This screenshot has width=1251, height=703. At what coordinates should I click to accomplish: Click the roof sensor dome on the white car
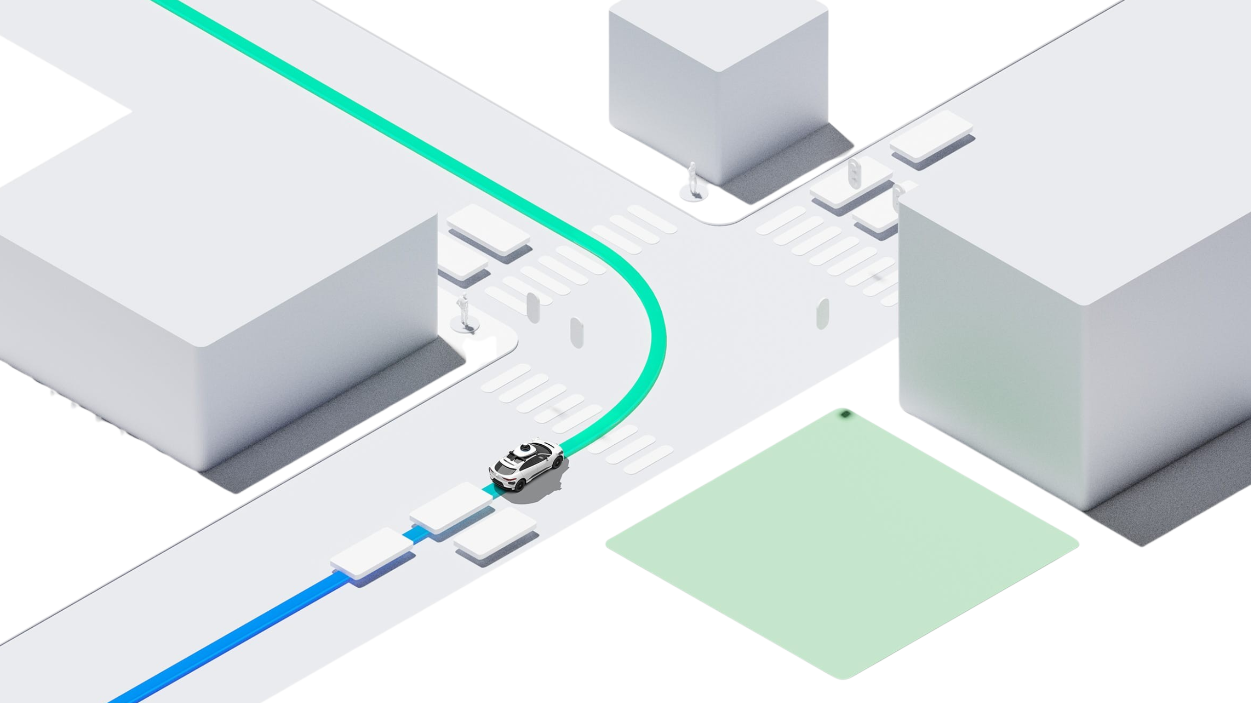tap(524, 448)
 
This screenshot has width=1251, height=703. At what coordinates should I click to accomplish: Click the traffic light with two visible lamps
tap(854, 172)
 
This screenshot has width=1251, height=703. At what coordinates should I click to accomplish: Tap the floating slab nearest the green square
tap(496, 532)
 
